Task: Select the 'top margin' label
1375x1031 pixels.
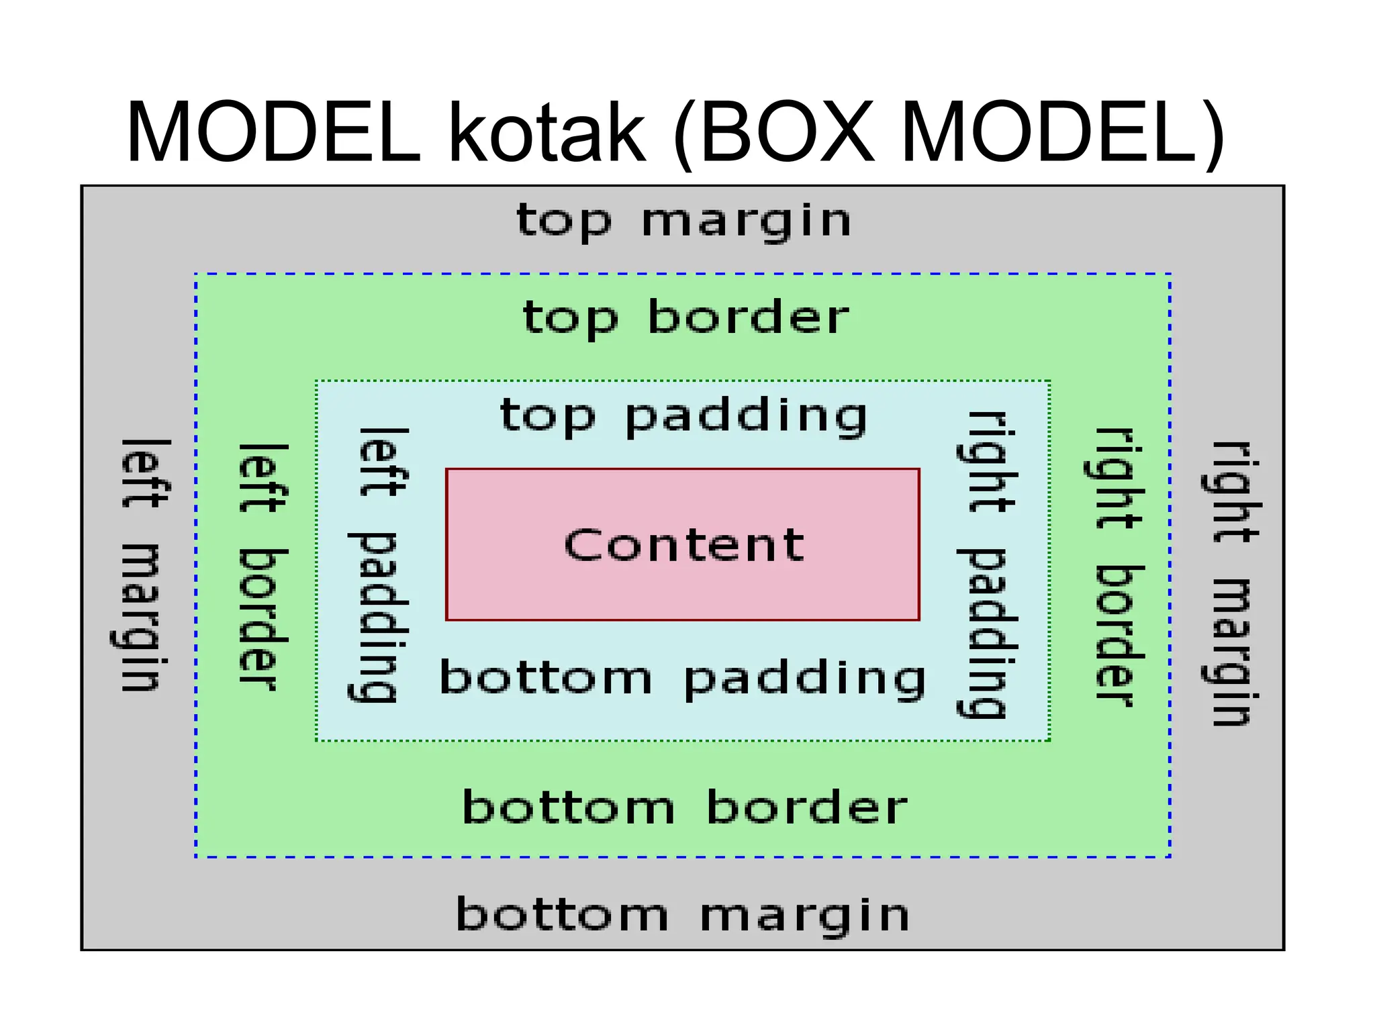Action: click(x=683, y=222)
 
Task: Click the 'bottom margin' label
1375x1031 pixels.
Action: click(x=682, y=915)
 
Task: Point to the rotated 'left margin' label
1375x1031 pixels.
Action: click(x=143, y=565)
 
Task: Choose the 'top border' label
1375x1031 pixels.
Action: click(x=685, y=317)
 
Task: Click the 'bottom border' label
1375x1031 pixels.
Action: click(x=684, y=807)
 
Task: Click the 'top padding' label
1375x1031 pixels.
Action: click(x=683, y=416)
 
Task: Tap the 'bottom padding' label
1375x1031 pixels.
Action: click(x=682, y=678)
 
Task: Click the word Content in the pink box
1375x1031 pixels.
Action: click(x=683, y=544)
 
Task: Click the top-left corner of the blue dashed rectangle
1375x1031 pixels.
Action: click(x=196, y=274)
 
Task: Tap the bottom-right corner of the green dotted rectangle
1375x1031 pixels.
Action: click(x=1049, y=740)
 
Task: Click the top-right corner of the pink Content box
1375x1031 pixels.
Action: click(x=918, y=470)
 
